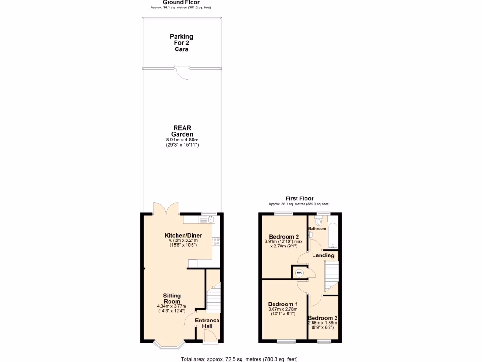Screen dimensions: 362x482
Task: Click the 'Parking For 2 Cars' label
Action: pos(181,42)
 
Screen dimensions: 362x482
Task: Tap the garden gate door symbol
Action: pos(182,73)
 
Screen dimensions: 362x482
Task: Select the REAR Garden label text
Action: pos(182,131)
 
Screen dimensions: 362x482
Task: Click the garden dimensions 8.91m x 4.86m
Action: pos(182,140)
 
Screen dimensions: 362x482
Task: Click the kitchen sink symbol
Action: pos(208,219)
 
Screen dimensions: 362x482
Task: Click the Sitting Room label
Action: pos(172,298)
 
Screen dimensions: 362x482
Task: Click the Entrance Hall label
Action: pos(208,323)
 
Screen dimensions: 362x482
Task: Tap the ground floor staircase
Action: pos(214,297)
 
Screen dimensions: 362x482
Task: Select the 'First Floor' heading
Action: pos(299,198)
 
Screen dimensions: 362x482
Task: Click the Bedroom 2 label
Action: pos(284,237)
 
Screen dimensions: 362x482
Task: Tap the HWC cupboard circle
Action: pos(299,273)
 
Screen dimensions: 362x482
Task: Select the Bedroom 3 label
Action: pos(322,318)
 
